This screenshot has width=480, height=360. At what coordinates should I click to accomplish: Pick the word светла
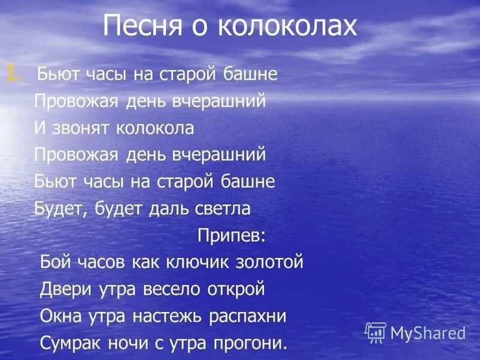pos(221,209)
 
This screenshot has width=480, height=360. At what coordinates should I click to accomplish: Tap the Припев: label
pos(231,235)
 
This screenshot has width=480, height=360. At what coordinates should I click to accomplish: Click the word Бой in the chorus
pos(56,262)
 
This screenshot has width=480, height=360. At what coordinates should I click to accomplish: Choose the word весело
pos(170,289)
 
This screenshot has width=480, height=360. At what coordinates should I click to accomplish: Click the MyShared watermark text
pos(428,333)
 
